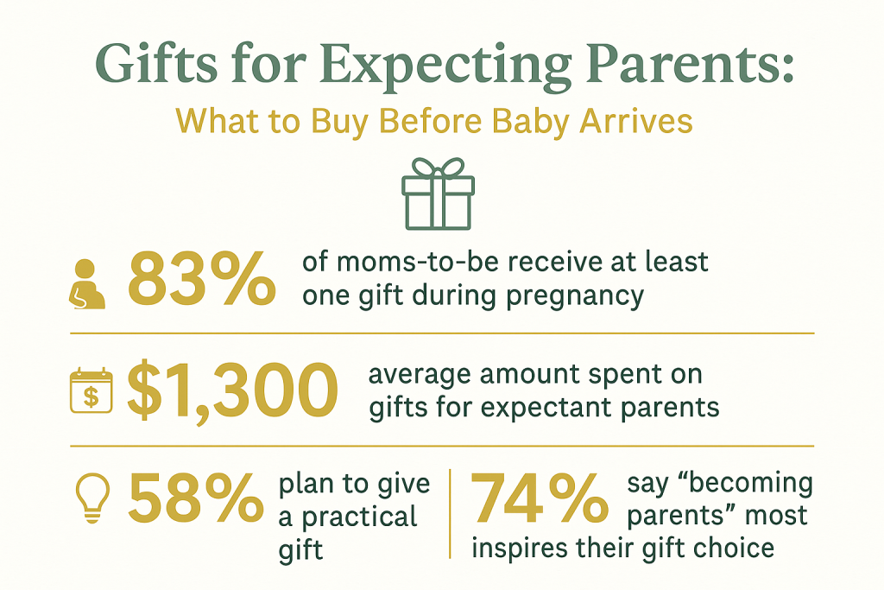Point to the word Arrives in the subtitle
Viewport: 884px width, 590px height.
pyautogui.click(x=636, y=120)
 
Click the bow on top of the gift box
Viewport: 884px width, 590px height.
pyautogui.click(x=438, y=168)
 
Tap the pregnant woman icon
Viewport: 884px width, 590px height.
pyautogui.click(x=87, y=284)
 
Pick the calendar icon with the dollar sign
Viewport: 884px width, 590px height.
pyautogui.click(x=91, y=390)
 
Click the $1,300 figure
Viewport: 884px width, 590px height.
pyautogui.click(x=232, y=391)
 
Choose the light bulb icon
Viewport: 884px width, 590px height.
pyautogui.click(x=92, y=498)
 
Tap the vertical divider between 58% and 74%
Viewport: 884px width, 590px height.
pyautogui.click(x=450, y=514)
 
